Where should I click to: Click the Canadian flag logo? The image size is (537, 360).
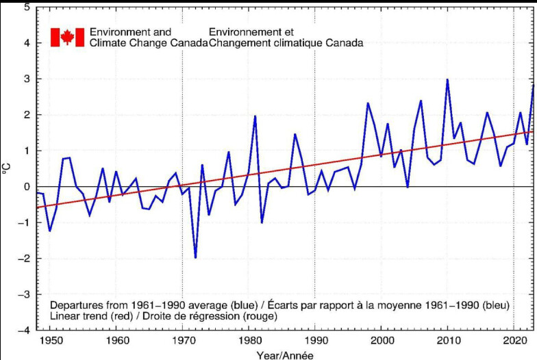67,37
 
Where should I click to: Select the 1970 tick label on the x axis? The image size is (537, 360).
182,340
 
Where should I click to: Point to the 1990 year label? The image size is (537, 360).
315,340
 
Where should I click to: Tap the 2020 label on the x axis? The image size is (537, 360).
514,340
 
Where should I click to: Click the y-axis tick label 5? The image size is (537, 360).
26,8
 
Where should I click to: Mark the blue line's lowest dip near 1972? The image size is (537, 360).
195,258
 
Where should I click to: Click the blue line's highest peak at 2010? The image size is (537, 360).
447,79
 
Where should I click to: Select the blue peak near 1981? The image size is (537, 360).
255,116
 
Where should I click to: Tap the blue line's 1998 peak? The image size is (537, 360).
368,103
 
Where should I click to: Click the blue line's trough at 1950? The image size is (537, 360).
49,231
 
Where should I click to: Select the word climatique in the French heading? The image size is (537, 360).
297,43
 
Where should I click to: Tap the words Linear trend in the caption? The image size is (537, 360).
77,316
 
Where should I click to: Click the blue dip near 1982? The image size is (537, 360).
262,222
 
